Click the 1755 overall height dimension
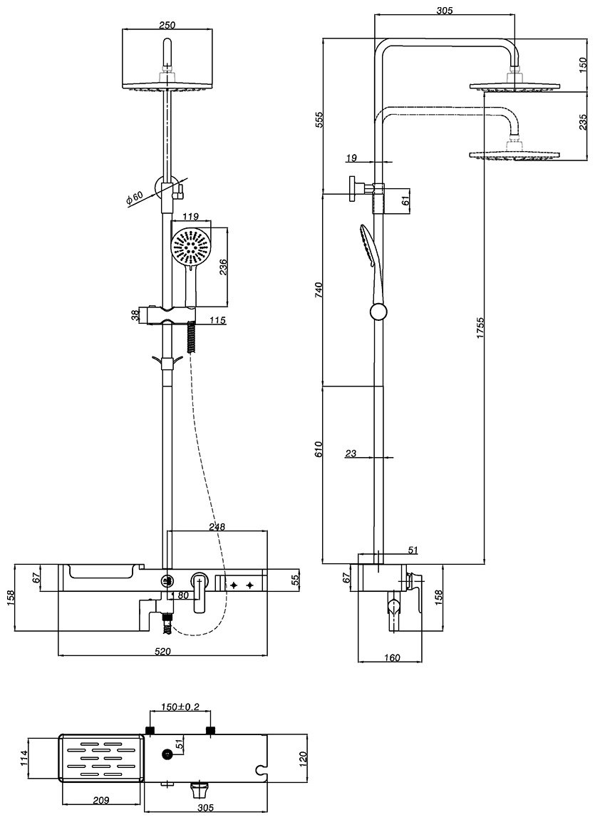[481, 332]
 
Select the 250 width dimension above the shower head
[167, 25]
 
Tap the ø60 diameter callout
[135, 199]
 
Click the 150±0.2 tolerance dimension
[180, 707]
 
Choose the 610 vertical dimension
[319, 449]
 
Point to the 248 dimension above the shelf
[217, 527]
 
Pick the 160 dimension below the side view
[390, 657]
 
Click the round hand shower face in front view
[191, 247]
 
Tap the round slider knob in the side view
[379, 312]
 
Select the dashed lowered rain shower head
[513, 153]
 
